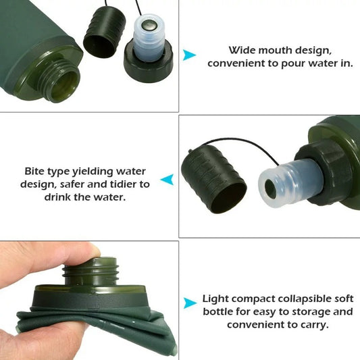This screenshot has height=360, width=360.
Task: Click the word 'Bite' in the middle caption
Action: tap(36, 172)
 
